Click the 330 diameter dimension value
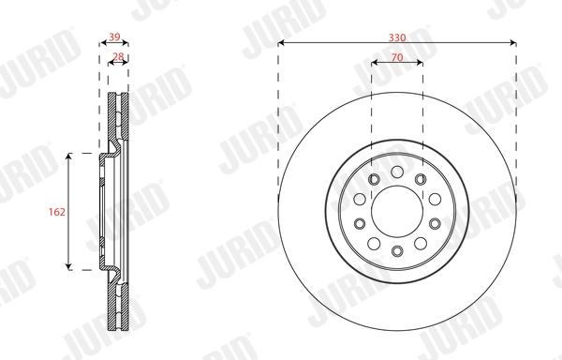click(396, 37)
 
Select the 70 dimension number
click(396, 57)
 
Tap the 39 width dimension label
click(114, 37)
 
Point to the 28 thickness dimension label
click(118, 57)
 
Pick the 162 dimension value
click(55, 213)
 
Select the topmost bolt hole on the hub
click(396, 172)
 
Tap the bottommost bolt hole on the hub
click(396, 250)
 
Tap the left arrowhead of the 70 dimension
click(375, 64)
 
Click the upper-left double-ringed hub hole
click(373, 180)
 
